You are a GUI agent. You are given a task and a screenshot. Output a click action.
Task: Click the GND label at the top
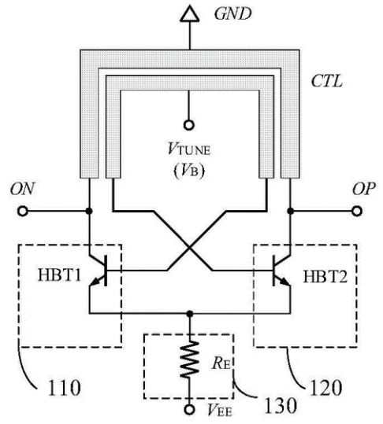click(232, 14)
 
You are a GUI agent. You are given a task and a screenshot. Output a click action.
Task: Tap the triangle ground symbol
click(190, 15)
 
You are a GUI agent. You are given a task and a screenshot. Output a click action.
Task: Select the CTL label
click(327, 80)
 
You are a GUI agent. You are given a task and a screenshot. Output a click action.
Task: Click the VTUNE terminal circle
click(189, 125)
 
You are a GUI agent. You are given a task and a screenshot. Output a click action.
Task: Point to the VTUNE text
click(189, 149)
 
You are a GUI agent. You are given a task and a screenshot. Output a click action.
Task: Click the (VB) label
click(189, 171)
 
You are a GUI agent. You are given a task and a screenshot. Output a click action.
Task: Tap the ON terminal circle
click(23, 211)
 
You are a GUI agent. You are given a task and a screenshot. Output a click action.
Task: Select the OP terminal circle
click(357, 211)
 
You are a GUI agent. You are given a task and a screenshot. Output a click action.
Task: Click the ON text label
click(23, 189)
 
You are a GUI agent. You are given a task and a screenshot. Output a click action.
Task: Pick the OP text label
click(364, 189)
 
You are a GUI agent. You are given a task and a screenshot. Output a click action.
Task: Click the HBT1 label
click(59, 275)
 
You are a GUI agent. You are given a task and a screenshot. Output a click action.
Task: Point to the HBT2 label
click(325, 277)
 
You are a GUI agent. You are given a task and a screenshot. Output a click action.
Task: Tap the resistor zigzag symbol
click(190, 359)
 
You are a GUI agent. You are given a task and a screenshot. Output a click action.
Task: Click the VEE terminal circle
click(189, 409)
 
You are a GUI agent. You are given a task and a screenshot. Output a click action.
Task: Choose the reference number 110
click(64, 388)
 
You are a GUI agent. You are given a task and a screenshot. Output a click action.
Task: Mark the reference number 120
click(325, 388)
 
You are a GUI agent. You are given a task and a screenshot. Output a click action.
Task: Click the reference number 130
click(281, 406)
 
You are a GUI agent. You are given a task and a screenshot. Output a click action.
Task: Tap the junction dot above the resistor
click(190, 314)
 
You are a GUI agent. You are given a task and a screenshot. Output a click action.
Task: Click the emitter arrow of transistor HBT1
click(94, 282)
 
